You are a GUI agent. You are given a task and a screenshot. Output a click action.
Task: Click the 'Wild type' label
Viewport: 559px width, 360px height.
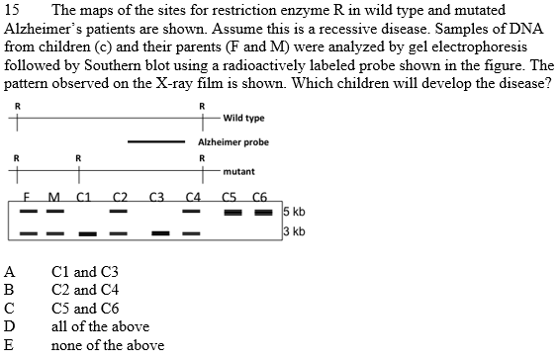click(243, 119)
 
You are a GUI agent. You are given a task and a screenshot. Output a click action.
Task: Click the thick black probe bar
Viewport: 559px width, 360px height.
click(156, 142)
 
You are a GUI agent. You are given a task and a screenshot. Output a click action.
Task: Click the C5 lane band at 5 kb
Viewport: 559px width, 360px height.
click(233, 212)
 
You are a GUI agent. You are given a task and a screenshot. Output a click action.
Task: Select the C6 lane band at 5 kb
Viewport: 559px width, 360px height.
click(259, 212)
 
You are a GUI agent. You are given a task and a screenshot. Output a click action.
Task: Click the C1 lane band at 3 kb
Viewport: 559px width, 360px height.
click(87, 233)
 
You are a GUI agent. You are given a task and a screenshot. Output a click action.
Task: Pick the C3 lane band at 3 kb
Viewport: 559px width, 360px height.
click(157, 233)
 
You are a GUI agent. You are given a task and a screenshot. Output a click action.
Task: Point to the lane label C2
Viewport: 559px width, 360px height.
click(119, 196)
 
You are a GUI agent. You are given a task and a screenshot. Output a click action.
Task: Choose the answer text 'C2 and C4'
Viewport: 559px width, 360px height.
click(85, 289)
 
